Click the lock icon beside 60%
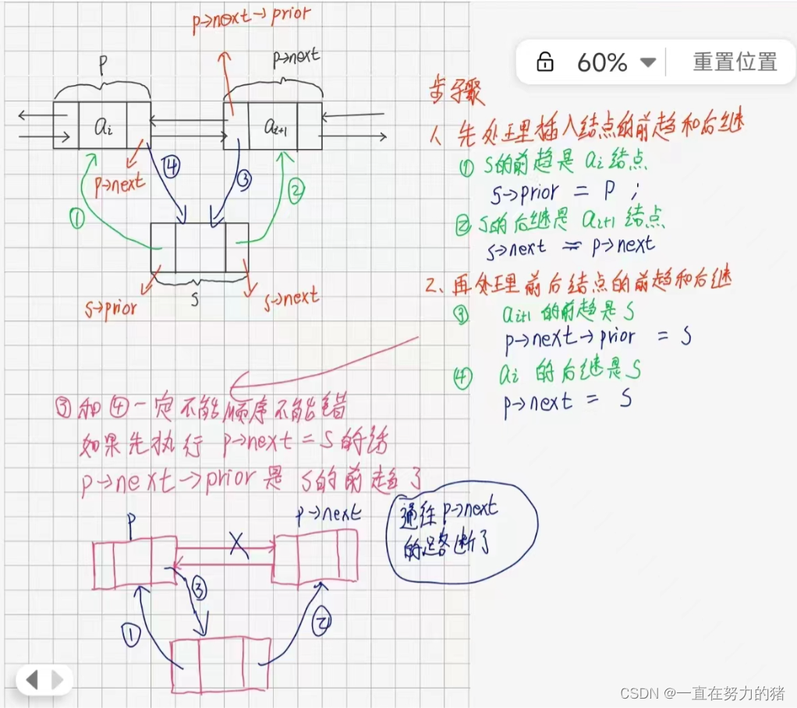[x=545, y=62]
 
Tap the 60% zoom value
[x=602, y=62]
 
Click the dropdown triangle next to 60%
[x=647, y=62]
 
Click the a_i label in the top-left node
[x=103, y=126]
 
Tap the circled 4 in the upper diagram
[x=172, y=165]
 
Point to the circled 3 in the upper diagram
[x=244, y=179]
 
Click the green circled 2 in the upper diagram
[x=295, y=189]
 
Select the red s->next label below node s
[x=292, y=297]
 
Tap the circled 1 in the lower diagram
[x=131, y=636]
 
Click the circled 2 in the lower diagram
[x=322, y=622]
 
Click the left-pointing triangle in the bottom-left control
[x=32, y=680]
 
